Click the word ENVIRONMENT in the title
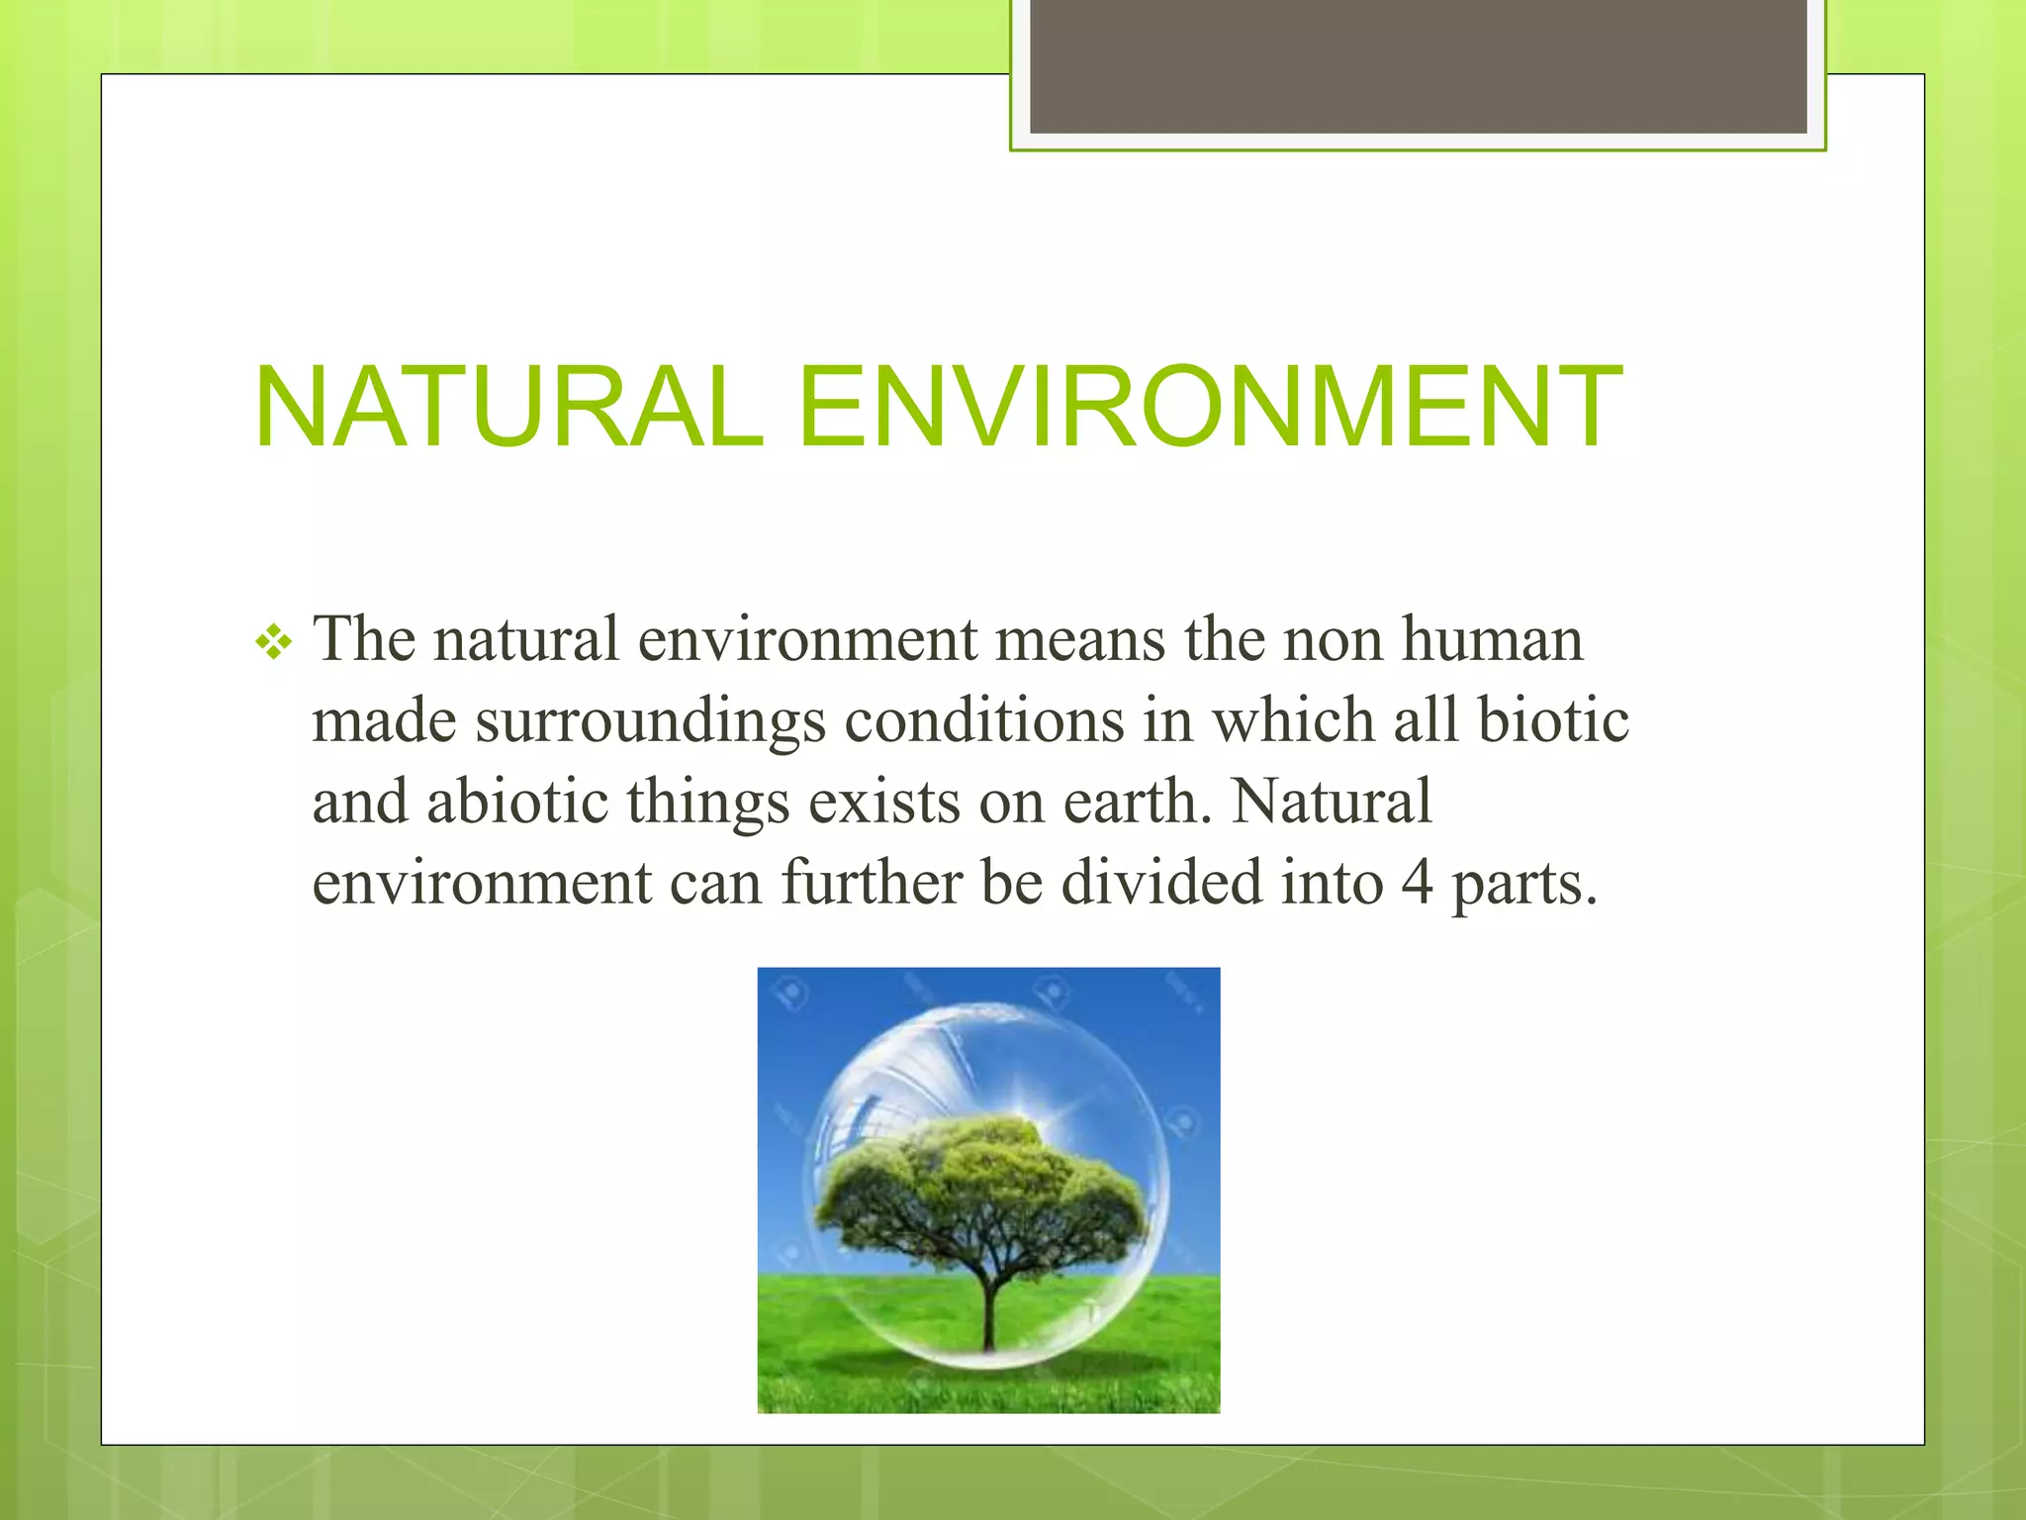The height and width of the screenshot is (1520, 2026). tap(1209, 408)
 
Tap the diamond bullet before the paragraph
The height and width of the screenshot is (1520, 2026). tap(274, 645)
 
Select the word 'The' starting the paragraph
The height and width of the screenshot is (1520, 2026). tap(363, 639)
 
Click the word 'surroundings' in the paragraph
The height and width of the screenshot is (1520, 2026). tap(650, 722)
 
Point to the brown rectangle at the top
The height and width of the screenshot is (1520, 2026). tap(1418, 67)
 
